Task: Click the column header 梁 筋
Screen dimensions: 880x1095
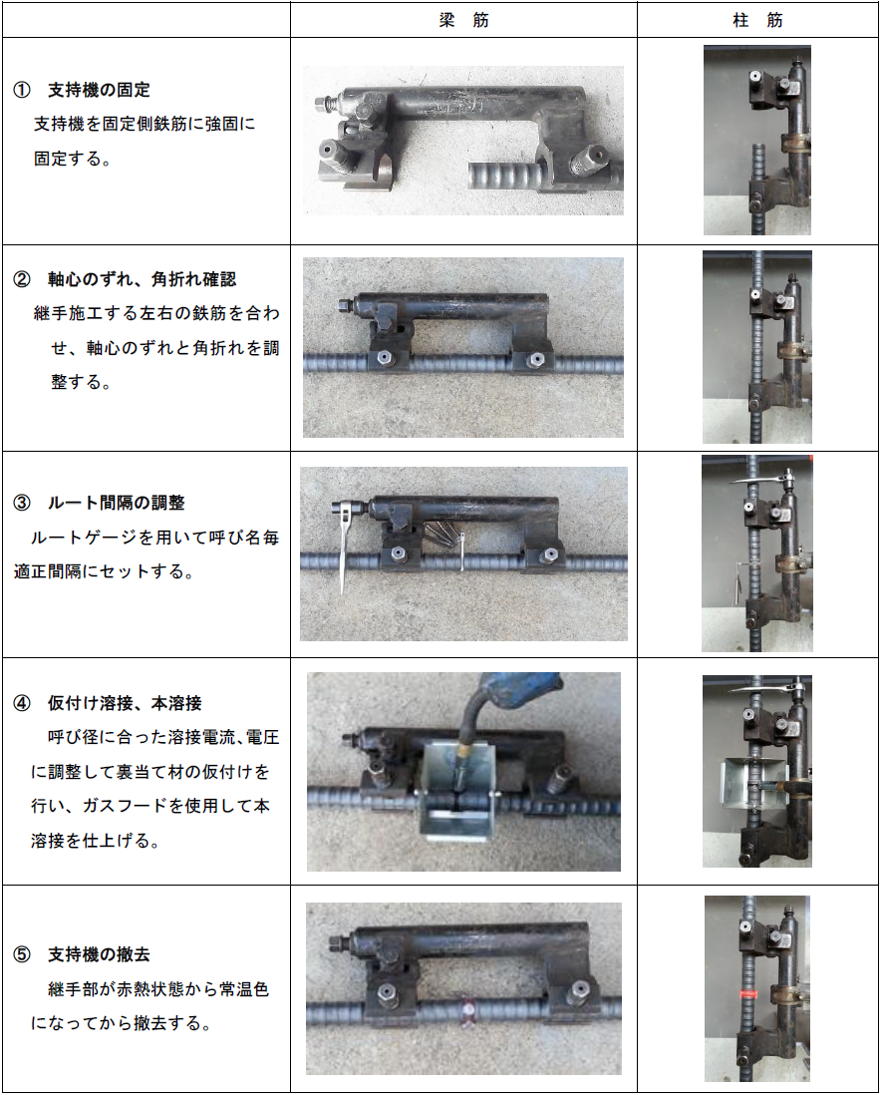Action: click(464, 20)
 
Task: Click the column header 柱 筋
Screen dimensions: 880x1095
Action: click(757, 20)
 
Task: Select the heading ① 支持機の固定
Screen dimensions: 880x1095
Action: click(82, 90)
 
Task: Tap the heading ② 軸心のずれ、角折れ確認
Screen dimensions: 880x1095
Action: click(125, 279)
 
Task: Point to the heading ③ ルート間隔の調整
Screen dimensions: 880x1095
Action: click(99, 503)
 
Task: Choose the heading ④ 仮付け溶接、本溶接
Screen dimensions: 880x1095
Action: click(108, 703)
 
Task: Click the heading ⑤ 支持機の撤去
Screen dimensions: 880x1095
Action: click(82, 954)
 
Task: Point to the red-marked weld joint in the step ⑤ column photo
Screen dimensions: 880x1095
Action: click(749, 993)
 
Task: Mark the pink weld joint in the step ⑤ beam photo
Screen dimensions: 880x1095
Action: click(466, 1009)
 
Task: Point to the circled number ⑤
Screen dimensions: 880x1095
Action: click(22, 954)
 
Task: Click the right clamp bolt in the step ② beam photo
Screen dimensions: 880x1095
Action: click(534, 360)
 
